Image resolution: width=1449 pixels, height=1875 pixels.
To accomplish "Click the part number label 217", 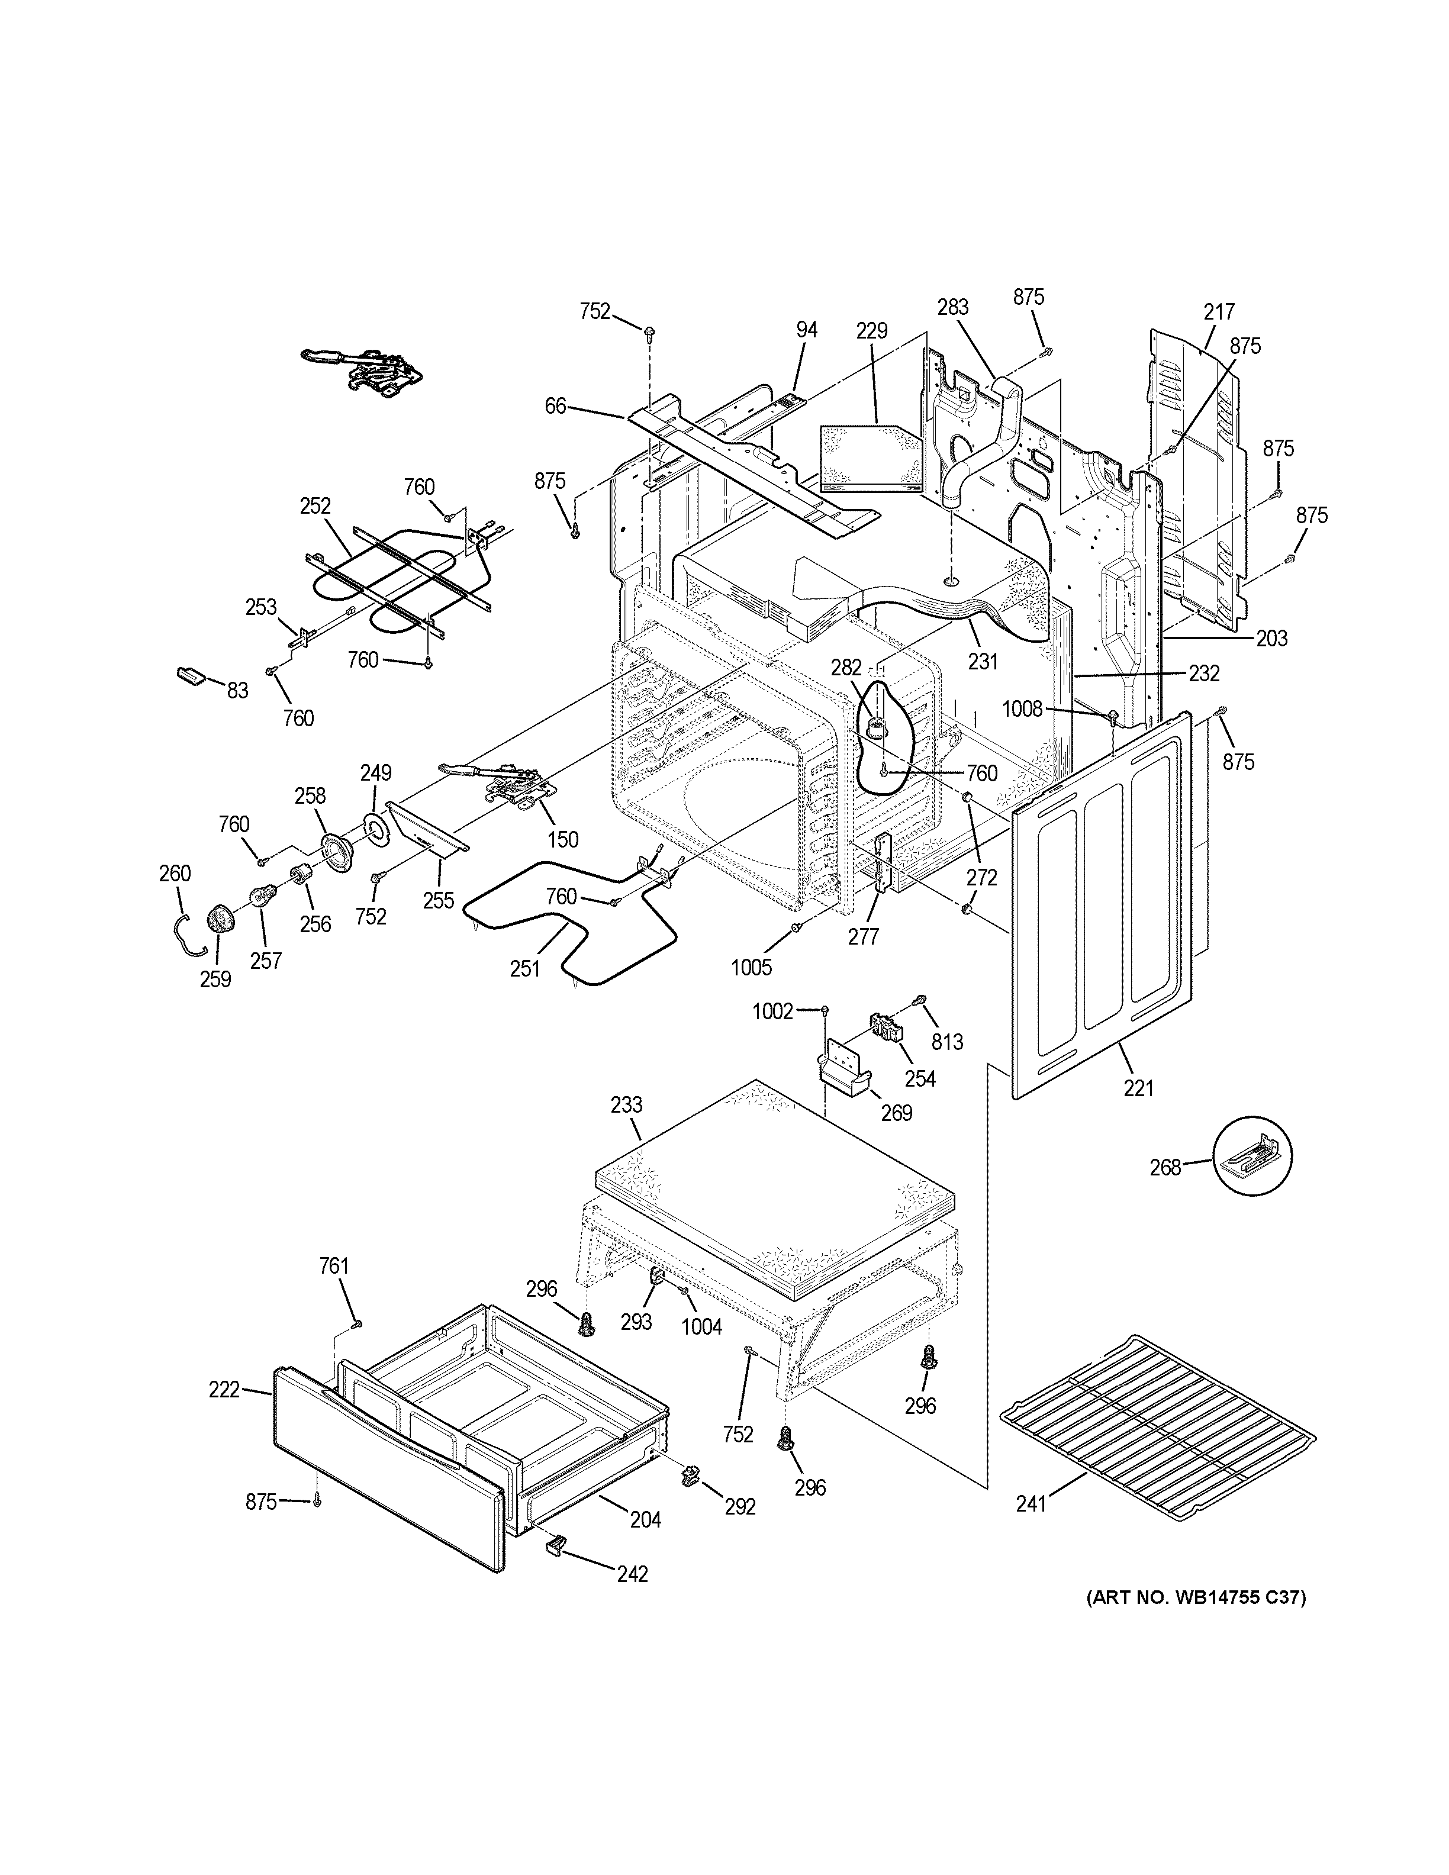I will pyautogui.click(x=1219, y=312).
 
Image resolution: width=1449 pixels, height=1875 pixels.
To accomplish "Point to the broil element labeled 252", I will pyautogui.click(x=399, y=574).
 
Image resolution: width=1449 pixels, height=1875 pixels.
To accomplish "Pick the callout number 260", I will pyautogui.click(x=174, y=873).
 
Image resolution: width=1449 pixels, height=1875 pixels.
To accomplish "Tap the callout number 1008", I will pyautogui.click(x=1022, y=708).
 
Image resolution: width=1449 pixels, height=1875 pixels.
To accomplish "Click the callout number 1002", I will pyautogui.click(x=772, y=1011).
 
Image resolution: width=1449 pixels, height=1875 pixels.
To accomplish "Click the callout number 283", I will pyautogui.click(x=953, y=307).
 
